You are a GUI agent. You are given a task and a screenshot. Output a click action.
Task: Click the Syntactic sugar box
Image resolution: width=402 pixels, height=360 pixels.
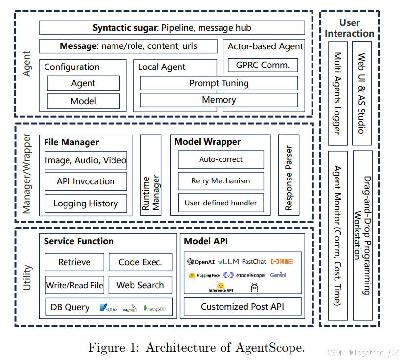[x=172, y=28]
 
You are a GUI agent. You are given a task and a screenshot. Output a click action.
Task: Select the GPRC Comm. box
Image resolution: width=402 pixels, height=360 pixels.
[x=263, y=65]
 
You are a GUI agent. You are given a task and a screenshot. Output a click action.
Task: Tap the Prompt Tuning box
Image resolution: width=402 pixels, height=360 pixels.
[x=219, y=83]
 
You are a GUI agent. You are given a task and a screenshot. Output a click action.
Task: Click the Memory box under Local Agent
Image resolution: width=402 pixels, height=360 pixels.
[x=219, y=100]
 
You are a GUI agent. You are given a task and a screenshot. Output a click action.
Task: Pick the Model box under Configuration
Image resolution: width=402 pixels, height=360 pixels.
[x=83, y=101]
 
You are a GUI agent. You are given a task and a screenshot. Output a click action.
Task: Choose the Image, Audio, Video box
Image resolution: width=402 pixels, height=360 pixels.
[x=86, y=160]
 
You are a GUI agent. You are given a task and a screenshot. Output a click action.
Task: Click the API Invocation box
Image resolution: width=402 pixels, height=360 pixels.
[x=86, y=181]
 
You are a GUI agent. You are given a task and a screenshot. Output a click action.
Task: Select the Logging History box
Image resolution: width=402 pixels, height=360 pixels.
[x=86, y=203]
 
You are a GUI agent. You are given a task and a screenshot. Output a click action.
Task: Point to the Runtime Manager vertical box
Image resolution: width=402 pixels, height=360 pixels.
[x=151, y=175]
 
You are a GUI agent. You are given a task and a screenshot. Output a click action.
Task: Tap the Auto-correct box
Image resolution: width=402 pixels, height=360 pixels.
[x=221, y=159]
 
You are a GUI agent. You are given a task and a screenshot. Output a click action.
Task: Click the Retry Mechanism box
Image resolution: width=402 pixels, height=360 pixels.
[x=221, y=181]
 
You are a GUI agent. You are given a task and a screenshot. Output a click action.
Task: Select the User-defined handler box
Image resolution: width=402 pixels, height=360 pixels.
[x=221, y=202]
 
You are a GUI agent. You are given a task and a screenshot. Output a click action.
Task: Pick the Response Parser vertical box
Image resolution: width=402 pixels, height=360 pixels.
[x=289, y=175]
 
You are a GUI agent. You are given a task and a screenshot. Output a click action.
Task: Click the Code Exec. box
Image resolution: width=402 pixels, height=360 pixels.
[x=140, y=262]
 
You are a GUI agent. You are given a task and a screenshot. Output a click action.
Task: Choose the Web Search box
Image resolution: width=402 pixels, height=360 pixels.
[x=140, y=285]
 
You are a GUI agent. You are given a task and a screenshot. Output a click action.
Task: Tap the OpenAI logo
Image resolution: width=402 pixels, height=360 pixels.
[x=201, y=262]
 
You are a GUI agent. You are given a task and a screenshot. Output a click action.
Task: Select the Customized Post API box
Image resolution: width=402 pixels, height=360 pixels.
[x=242, y=307]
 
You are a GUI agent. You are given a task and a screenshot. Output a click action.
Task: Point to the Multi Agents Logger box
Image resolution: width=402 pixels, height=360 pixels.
[x=337, y=93]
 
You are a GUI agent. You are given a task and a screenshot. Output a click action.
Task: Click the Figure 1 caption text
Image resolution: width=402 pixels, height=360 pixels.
[x=197, y=348]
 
